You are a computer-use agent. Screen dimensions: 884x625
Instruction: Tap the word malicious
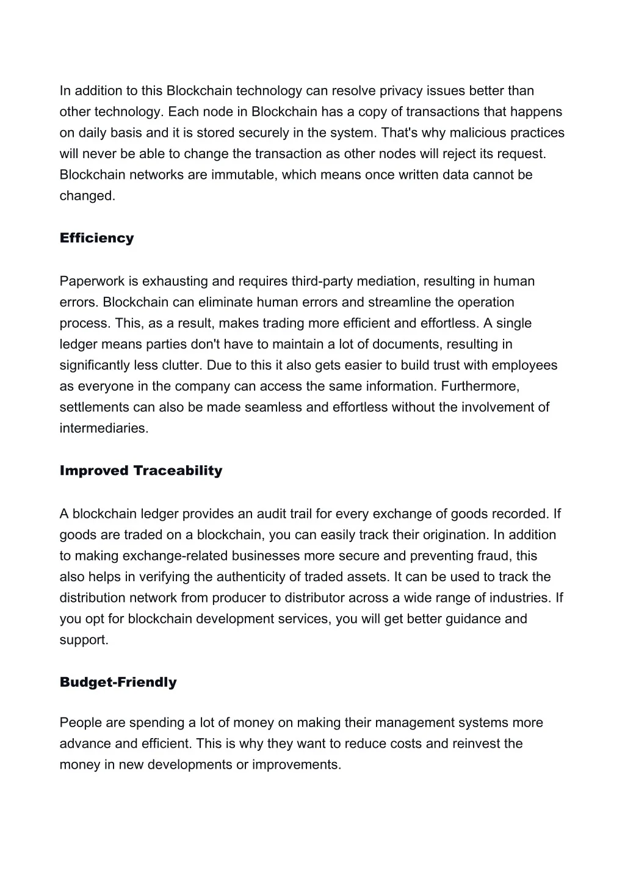pos(478,132)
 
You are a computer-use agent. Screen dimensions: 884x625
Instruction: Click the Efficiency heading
pos(96,238)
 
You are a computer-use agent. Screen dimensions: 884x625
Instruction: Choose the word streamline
pos(381,302)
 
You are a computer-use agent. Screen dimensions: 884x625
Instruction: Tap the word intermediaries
pos(103,428)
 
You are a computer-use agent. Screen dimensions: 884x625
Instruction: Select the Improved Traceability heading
pos(141,471)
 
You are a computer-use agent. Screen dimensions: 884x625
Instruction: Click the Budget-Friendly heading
pos(118,683)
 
